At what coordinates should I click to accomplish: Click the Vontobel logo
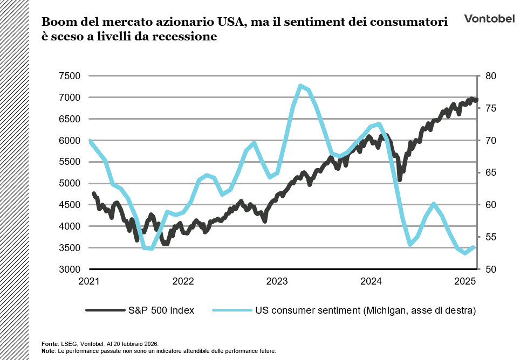click(x=489, y=19)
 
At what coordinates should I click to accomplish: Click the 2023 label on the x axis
click(x=277, y=281)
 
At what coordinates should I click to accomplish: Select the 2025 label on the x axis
click(x=465, y=281)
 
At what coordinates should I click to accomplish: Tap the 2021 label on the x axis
click(x=89, y=281)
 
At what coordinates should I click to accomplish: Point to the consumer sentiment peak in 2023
click(x=300, y=86)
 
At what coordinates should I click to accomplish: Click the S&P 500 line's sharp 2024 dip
click(x=400, y=179)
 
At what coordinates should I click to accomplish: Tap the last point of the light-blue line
click(x=473, y=247)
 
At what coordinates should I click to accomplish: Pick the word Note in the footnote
click(x=48, y=351)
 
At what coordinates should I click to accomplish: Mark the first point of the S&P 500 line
click(x=93, y=193)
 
